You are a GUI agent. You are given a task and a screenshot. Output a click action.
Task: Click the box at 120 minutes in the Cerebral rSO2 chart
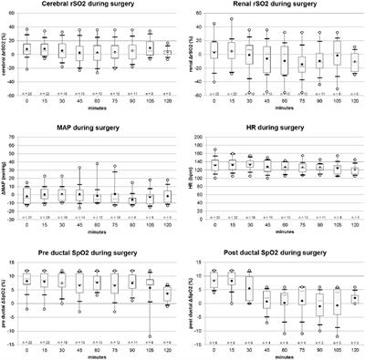(x=167, y=54)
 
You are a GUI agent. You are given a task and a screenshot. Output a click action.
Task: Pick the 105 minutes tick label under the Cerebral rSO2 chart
(x=150, y=102)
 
